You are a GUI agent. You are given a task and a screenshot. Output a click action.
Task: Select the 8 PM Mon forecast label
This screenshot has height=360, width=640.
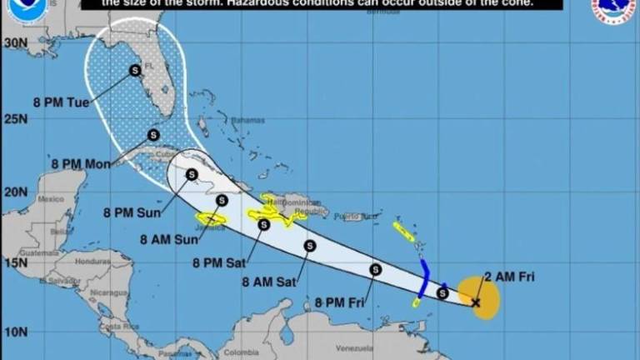click(80, 164)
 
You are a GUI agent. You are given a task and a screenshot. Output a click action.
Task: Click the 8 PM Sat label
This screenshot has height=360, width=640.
click(219, 262)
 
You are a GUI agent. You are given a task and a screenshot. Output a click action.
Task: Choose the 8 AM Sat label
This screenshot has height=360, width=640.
click(269, 282)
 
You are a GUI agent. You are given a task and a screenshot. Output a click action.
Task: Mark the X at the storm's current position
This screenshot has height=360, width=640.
click(476, 302)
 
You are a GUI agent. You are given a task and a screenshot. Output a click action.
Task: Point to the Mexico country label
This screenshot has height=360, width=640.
click(51, 200)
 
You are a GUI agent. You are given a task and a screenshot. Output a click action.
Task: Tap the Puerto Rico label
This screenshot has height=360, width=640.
click(350, 217)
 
